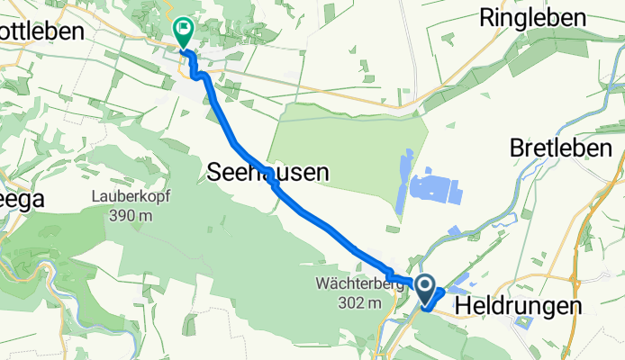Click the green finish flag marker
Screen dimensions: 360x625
pos(183,31)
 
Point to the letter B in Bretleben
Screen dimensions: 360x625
pos(517,146)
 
